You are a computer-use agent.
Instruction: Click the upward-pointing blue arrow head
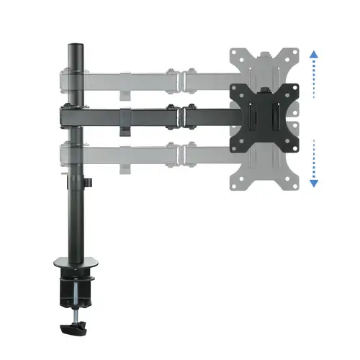click(x=313, y=55)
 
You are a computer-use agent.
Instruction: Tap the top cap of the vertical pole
click(x=73, y=46)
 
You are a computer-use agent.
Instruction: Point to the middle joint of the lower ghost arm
click(x=178, y=153)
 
